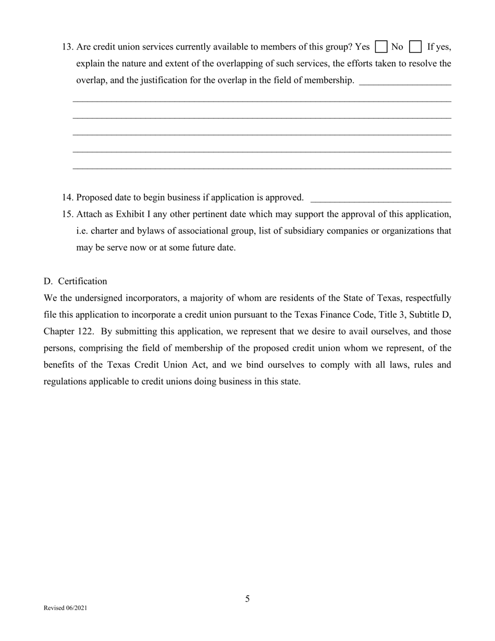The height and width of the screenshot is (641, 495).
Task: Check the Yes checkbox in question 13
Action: [x=381, y=47]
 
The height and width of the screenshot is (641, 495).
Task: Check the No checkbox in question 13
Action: [x=415, y=47]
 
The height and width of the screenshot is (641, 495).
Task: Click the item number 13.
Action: [x=67, y=47]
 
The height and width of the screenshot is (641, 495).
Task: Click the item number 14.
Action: [x=67, y=198]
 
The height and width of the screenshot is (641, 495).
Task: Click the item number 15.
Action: [x=67, y=214]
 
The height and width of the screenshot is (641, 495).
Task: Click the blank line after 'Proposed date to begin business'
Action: [x=380, y=200]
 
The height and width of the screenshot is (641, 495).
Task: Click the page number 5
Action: [x=247, y=599]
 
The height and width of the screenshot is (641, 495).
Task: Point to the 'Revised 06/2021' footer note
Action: [x=66, y=608]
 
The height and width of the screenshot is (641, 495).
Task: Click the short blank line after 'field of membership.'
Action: [x=405, y=82]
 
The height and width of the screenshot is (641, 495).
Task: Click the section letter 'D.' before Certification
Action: [x=48, y=281]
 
